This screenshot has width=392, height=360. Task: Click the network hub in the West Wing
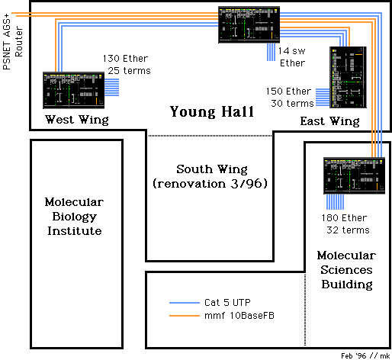[x=74, y=90]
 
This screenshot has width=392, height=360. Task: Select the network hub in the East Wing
[x=348, y=77]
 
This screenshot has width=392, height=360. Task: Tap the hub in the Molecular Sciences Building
[x=355, y=175]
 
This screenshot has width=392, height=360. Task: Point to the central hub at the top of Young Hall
[x=249, y=24]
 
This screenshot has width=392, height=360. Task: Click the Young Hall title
[x=212, y=112]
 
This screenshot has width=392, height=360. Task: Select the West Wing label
[x=77, y=120]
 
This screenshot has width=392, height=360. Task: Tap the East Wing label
[x=330, y=121]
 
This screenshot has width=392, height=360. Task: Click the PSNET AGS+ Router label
[x=12, y=42]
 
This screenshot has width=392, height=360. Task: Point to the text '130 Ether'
[x=125, y=59]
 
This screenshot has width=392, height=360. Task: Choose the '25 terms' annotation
[x=129, y=71]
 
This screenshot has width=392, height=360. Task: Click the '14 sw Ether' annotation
[x=292, y=57]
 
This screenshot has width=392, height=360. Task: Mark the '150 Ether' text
[x=289, y=92]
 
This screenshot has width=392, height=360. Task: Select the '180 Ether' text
[x=344, y=218]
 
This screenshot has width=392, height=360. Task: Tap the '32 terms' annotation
[x=348, y=230]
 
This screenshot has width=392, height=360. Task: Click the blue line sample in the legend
[x=185, y=303]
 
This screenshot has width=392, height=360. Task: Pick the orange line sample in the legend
[x=185, y=316]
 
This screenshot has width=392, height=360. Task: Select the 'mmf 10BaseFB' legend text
[x=239, y=316]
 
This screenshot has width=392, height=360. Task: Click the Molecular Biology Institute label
[x=75, y=217]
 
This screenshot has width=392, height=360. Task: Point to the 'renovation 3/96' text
[x=210, y=184]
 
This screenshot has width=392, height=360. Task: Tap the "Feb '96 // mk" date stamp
[x=365, y=355]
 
